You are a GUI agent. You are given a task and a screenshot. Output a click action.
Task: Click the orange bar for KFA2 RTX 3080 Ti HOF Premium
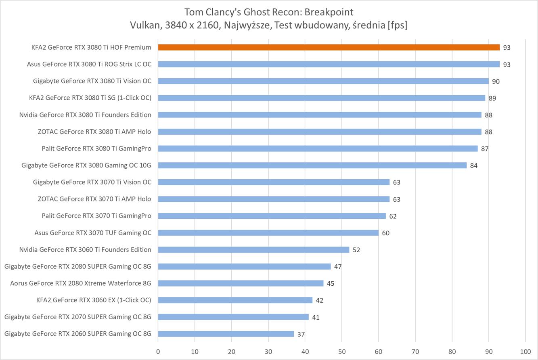point(329,47)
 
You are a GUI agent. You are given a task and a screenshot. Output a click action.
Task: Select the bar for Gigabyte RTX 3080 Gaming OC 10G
point(312,165)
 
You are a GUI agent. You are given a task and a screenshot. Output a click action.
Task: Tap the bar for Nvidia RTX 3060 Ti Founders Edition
point(253,249)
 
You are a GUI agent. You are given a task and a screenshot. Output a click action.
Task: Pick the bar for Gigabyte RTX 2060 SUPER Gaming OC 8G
point(226,334)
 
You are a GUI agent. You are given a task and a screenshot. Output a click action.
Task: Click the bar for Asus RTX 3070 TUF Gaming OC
point(268,232)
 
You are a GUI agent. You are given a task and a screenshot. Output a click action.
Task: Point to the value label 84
point(474,165)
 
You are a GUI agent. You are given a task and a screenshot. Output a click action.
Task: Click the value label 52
point(356,250)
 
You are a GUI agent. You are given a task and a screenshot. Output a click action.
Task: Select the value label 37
point(301,334)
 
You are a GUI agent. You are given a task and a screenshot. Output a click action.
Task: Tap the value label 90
point(496,82)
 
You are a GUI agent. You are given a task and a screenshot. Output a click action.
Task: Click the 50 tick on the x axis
point(342,351)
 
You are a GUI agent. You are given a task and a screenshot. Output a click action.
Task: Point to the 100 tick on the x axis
point(525,351)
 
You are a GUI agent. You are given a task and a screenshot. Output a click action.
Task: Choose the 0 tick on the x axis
point(158,351)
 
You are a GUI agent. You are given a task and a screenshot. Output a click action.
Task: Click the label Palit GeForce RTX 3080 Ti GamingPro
point(96,149)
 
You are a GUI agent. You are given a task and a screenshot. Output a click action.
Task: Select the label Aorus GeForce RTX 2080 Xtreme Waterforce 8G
point(81,283)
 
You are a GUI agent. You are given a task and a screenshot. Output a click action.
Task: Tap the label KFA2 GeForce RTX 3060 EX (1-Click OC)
point(94,300)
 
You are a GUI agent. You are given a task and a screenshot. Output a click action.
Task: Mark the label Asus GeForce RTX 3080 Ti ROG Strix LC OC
point(89,64)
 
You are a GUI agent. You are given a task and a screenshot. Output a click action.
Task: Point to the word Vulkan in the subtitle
point(143,25)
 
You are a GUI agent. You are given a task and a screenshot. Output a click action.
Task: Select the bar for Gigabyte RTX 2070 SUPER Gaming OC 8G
point(233,317)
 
